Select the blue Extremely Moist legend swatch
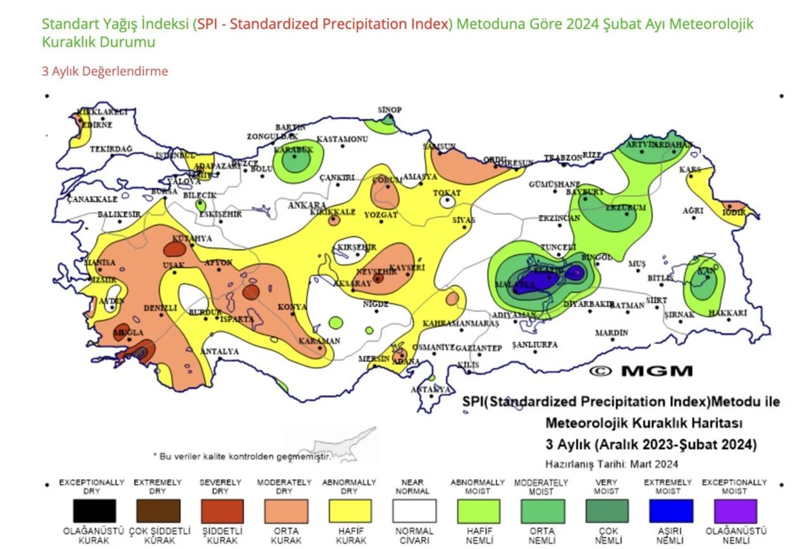(671, 510)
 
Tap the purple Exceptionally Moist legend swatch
(735, 510)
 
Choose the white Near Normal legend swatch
(414, 510)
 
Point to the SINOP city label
(390, 110)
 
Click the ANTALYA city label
(219, 351)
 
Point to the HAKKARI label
(728, 313)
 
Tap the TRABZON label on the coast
(562, 157)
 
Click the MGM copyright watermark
(641, 371)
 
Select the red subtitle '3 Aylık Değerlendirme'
(105, 71)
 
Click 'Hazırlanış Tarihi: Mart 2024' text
(611, 463)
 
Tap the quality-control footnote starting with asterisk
(242, 456)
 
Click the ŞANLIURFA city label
(534, 344)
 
